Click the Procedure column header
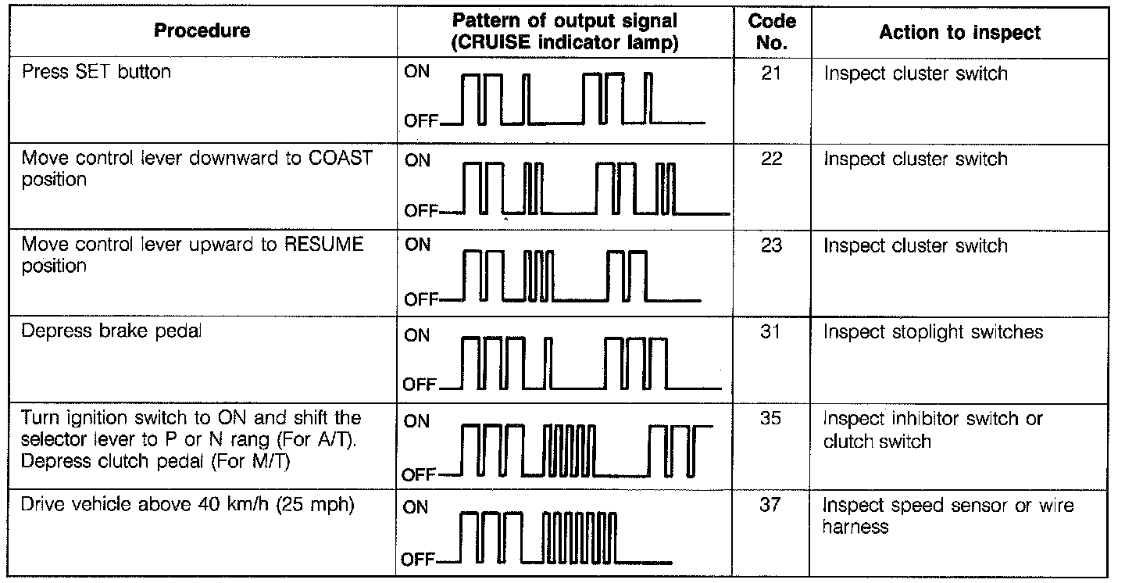[x=202, y=31]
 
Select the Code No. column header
[x=771, y=32]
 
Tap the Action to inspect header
[x=959, y=32]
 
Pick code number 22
[x=771, y=159]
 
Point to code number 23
[x=771, y=246]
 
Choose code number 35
[x=771, y=419]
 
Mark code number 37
[x=771, y=506]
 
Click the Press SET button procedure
[x=96, y=73]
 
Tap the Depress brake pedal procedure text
[x=111, y=331]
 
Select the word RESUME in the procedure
[x=322, y=245]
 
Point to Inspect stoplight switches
[x=933, y=332]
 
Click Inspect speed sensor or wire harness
[x=948, y=516]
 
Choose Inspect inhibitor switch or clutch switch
[x=933, y=430]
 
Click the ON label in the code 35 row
[x=417, y=421]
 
